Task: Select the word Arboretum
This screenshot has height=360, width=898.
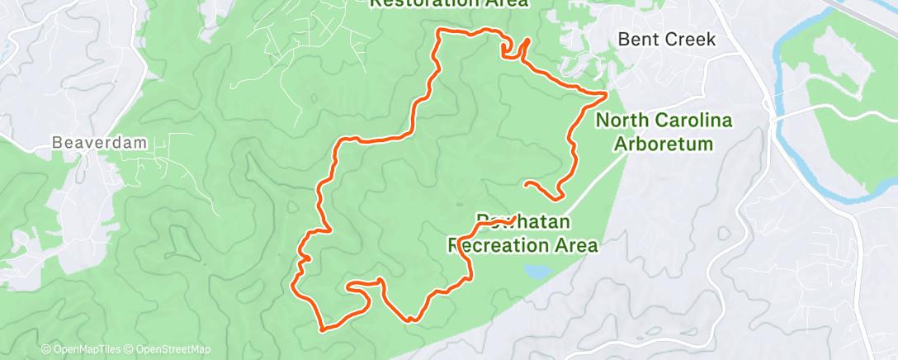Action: click(x=666, y=144)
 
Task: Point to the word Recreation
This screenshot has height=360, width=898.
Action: click(x=503, y=245)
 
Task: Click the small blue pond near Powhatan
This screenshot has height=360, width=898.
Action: click(x=536, y=271)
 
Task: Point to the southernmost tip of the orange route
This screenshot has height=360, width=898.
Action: click(x=323, y=329)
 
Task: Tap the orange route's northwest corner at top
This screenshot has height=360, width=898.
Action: click(x=438, y=32)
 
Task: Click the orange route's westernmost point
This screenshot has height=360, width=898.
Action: click(x=295, y=286)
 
